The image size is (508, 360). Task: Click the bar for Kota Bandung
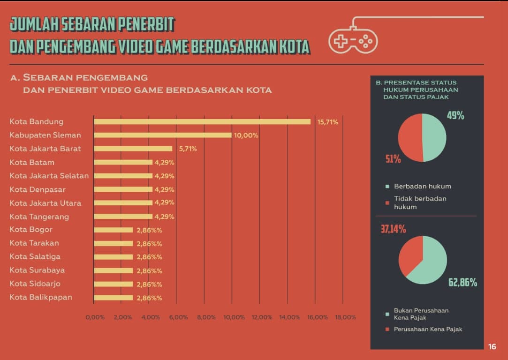pyautogui.click(x=202, y=122)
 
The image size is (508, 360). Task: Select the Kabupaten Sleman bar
pyautogui.click(x=162, y=135)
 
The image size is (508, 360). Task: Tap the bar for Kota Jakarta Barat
pyautogui.click(x=133, y=149)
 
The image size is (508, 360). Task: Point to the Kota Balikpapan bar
pyautogui.click(x=114, y=298)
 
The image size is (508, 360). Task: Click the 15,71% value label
pyautogui.click(x=328, y=122)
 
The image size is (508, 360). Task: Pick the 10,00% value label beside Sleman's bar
pyautogui.click(x=246, y=135)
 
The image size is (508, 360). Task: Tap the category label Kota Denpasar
pyautogui.click(x=38, y=189)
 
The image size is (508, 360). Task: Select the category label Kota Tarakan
pyautogui.click(x=34, y=243)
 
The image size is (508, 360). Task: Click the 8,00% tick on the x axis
pyautogui.click(x=206, y=317)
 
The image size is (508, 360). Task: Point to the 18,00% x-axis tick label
pyautogui.click(x=345, y=317)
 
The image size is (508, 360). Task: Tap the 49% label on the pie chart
pyautogui.click(x=455, y=115)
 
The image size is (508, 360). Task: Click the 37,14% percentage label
pyautogui.click(x=393, y=229)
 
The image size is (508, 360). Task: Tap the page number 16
pyautogui.click(x=492, y=347)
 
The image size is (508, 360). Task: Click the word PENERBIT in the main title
pyautogui.click(x=146, y=23)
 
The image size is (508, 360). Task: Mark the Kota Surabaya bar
pyautogui.click(x=114, y=270)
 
